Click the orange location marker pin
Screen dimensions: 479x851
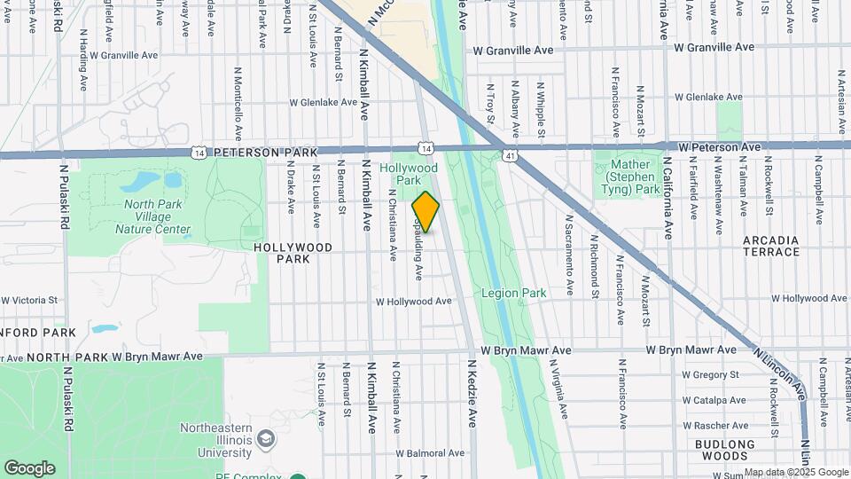click(425, 212)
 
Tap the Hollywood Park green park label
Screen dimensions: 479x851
click(409, 174)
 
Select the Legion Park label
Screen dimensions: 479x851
click(514, 292)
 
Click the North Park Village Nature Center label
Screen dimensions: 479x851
click(152, 216)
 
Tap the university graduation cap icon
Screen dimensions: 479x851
click(265, 439)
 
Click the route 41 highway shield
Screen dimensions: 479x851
click(509, 156)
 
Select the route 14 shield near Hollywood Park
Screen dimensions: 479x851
click(426, 148)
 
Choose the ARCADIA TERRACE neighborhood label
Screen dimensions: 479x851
click(770, 246)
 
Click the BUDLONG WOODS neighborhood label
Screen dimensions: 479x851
click(724, 450)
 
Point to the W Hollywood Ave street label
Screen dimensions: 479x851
click(414, 302)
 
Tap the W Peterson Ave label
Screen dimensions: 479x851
click(720, 146)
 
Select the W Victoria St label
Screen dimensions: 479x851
click(31, 301)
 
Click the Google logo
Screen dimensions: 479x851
click(29, 467)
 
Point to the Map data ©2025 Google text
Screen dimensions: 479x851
click(795, 472)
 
